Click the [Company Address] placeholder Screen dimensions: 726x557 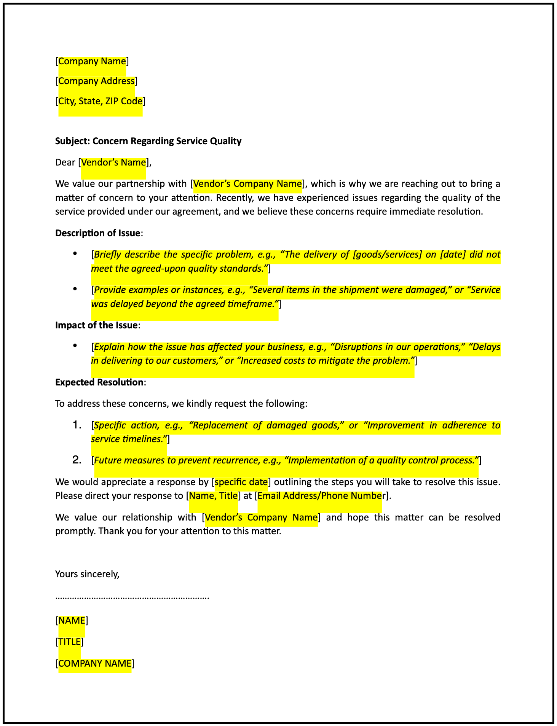point(96,81)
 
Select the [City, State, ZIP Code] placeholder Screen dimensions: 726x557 point(100,101)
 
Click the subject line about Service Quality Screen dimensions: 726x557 point(148,141)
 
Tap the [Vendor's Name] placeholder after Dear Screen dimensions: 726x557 point(113,163)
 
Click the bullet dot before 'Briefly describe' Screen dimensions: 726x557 point(75,253)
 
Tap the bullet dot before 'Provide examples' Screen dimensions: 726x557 point(75,289)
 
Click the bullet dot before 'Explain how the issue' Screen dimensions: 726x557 point(75,345)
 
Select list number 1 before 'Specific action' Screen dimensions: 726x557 point(77,425)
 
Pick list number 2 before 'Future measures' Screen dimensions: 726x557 point(77,460)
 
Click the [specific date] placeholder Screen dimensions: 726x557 point(241,482)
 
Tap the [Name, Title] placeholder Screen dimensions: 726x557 point(213,496)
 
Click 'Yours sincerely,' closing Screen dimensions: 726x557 point(87,574)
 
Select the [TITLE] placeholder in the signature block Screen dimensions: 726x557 point(69,642)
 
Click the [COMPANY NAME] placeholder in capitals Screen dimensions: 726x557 point(95,664)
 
